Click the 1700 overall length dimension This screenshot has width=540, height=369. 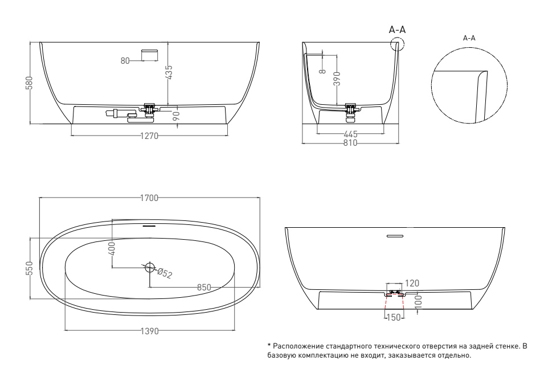pos(149,198)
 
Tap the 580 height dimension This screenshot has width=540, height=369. pos(29,83)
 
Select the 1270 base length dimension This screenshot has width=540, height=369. pos(149,136)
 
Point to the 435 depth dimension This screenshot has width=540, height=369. pos(169,73)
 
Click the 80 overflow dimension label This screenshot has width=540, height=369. pos(125,61)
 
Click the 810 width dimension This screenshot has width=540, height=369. pos(350,143)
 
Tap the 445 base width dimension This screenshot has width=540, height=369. pos(350,134)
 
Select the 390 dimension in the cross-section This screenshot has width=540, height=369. pos(337,79)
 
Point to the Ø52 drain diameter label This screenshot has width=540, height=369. pos(165,274)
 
